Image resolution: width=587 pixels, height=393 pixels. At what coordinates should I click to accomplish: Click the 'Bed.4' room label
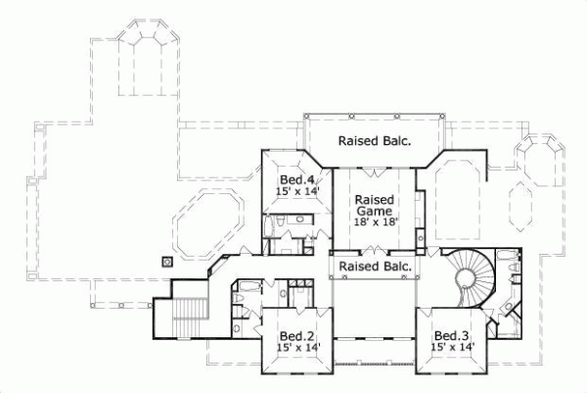(296, 180)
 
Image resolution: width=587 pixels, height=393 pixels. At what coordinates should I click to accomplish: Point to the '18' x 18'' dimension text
(373, 221)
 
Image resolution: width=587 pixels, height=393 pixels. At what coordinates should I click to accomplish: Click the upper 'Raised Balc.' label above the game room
(374, 140)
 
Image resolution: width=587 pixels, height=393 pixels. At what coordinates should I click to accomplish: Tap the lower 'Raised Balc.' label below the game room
(373, 267)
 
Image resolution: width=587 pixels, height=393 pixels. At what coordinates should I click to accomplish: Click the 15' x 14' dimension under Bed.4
(296, 193)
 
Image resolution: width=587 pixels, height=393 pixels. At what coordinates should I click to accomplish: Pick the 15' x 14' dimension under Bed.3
(454, 347)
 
